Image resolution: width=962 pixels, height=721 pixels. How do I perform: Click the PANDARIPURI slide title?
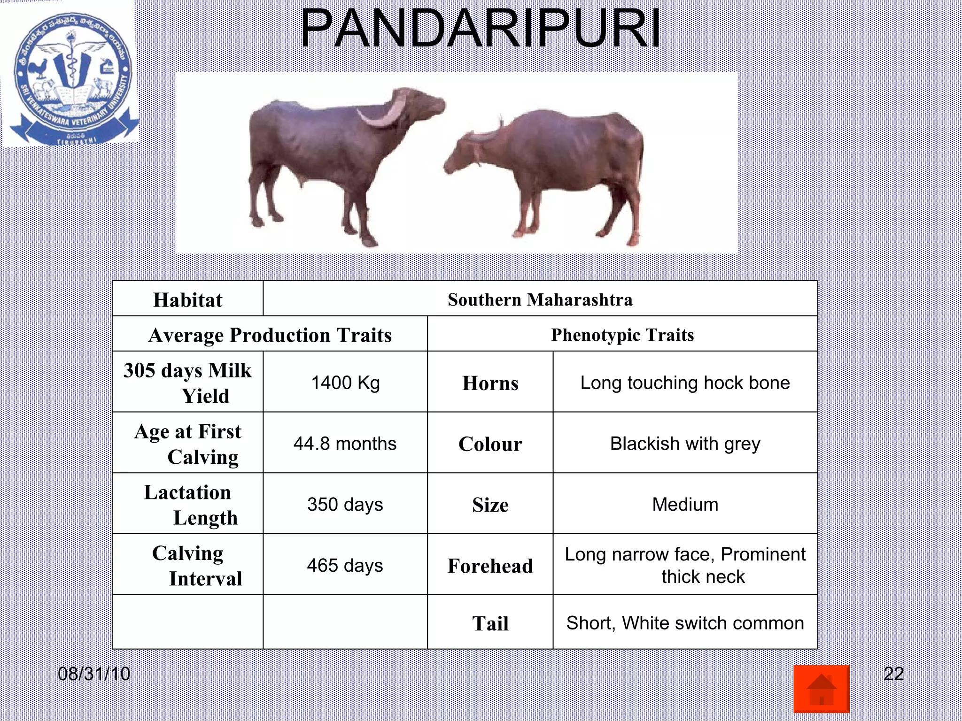(x=480, y=29)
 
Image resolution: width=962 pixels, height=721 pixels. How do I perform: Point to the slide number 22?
(x=893, y=674)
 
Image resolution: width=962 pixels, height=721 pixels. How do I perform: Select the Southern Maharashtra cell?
(x=540, y=299)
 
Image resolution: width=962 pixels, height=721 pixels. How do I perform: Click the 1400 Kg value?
(x=345, y=383)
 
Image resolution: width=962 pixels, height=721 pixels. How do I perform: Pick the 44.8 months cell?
(x=345, y=444)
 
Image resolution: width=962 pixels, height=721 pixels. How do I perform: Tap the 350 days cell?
(x=345, y=505)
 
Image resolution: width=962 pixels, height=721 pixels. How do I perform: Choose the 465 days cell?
(x=345, y=565)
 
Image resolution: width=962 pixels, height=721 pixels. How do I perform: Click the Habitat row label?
(x=187, y=300)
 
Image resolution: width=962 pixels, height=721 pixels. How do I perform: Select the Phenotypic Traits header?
(x=622, y=335)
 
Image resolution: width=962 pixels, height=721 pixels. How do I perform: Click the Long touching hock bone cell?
(x=685, y=383)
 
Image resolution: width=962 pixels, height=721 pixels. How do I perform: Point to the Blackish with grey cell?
(x=685, y=444)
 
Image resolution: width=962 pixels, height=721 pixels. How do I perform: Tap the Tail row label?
(x=490, y=623)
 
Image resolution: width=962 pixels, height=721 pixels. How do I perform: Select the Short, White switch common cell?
(x=685, y=623)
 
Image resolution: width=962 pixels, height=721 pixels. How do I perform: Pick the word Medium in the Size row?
(x=685, y=505)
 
